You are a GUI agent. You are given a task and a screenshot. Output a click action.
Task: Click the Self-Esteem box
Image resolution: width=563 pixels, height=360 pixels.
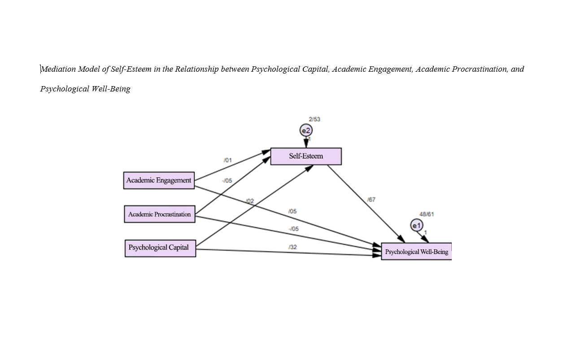(306, 156)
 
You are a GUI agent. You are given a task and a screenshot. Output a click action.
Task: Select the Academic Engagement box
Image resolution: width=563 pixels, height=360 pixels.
(159, 180)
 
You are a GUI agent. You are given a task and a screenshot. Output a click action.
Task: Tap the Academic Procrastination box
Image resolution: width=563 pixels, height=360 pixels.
(160, 214)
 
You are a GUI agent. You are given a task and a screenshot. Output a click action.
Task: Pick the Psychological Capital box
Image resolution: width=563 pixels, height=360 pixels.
(160, 248)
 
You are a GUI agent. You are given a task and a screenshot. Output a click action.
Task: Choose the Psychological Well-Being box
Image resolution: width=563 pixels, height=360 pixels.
(416, 252)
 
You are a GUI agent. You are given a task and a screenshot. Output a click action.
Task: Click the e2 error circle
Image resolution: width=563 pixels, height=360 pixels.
(306, 130)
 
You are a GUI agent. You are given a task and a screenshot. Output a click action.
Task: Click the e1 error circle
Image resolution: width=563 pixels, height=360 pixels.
(417, 226)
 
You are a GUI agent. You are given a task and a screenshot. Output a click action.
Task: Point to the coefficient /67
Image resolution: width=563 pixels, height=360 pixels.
(371, 200)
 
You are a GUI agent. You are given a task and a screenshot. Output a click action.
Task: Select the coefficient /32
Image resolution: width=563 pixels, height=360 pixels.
(292, 247)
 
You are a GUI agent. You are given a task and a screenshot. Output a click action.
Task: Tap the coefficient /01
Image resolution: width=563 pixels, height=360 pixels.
(228, 160)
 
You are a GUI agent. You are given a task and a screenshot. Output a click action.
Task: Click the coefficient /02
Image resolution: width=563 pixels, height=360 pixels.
(250, 201)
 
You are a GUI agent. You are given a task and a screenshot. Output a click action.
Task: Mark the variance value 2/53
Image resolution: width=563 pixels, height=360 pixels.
(314, 119)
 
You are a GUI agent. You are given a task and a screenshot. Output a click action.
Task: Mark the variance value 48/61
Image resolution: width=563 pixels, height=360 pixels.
(427, 214)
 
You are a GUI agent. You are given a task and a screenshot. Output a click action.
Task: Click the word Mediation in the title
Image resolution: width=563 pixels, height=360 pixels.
(58, 69)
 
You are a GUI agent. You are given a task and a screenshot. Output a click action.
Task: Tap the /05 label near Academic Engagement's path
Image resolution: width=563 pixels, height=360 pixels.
(292, 211)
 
